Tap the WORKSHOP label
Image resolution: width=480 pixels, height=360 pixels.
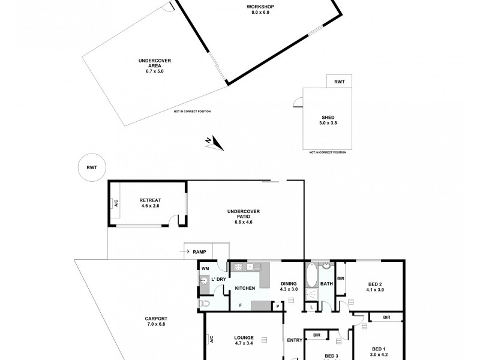coord(260,7)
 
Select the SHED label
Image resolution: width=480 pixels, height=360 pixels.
coord(327,118)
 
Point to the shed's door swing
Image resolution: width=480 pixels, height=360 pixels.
coord(298,103)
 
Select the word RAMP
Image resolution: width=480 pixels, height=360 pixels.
coord(200,252)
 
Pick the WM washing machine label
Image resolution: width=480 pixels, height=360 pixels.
coord(204,269)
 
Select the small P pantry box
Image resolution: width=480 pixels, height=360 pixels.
coord(278,305)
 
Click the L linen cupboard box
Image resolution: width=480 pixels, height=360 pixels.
coord(311,307)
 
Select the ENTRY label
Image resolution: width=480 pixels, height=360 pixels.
coord(294,340)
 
